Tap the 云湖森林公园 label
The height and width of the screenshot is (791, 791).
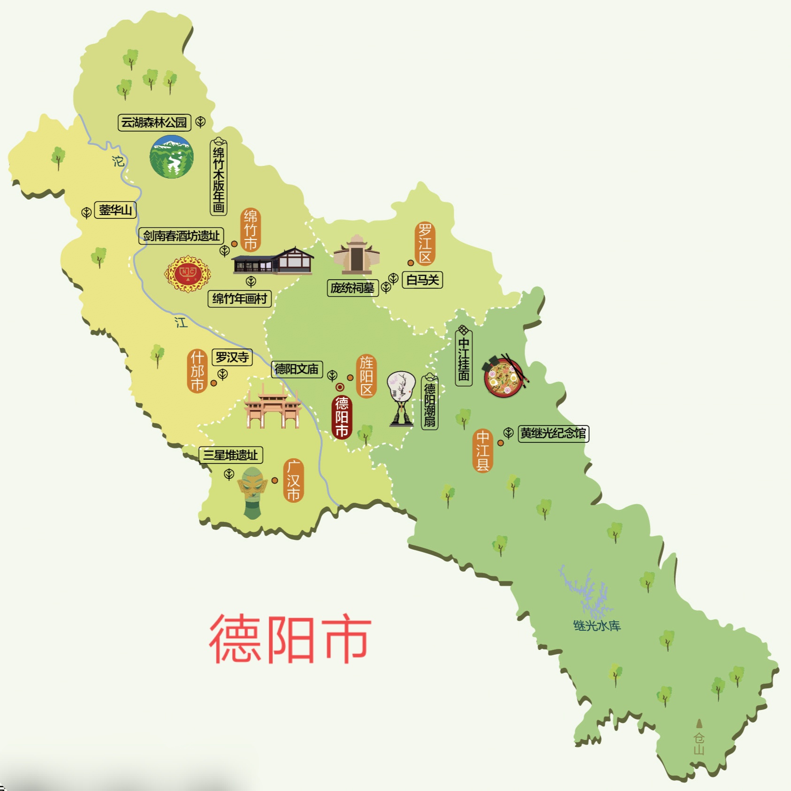(x=154, y=123)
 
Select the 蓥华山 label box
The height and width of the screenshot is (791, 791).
(x=115, y=210)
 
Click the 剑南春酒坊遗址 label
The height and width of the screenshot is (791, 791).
(x=181, y=236)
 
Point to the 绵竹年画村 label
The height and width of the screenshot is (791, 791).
(x=239, y=298)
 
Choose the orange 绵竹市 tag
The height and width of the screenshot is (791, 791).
(x=251, y=230)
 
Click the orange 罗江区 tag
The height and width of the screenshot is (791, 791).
(x=425, y=244)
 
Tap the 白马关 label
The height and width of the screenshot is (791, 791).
(x=422, y=280)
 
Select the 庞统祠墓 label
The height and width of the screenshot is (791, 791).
(x=352, y=288)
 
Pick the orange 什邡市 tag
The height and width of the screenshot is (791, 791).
(x=197, y=371)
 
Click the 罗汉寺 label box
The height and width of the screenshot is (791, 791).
(x=232, y=358)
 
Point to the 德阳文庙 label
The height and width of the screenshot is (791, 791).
(x=297, y=369)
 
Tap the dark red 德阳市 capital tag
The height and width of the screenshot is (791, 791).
(x=342, y=417)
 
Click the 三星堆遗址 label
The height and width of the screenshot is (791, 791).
(x=230, y=455)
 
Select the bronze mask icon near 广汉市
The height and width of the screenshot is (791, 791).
(x=252, y=492)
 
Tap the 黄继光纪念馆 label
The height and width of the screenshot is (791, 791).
(x=553, y=433)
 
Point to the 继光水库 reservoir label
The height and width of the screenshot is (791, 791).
(x=597, y=626)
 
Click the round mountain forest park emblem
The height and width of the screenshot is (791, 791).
(x=172, y=157)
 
